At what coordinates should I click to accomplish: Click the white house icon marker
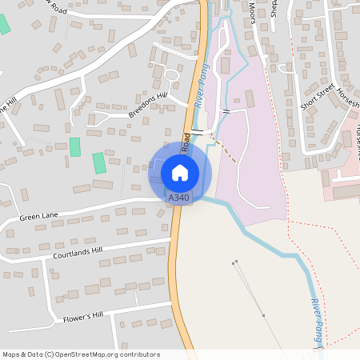[x=180, y=172]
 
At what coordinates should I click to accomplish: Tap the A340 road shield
[x=179, y=198]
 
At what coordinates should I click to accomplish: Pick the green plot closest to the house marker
[x=99, y=163]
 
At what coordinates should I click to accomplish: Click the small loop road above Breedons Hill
[x=170, y=75]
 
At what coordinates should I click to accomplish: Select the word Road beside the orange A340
[x=186, y=143]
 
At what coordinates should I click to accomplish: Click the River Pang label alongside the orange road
[x=201, y=86]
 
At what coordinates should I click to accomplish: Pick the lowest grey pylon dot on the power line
[x=264, y=316]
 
